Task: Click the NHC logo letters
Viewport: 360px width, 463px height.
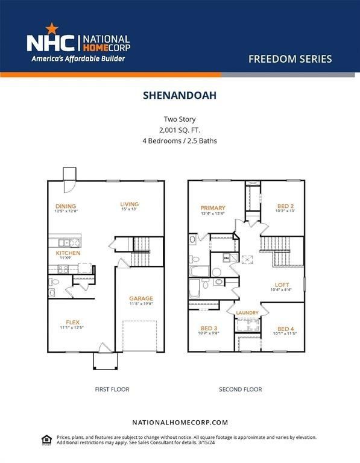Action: coord(51,43)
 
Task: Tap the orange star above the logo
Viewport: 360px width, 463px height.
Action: coord(51,28)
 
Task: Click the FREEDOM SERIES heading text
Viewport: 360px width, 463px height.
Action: coord(289,59)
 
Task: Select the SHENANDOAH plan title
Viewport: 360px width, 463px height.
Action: coord(179,95)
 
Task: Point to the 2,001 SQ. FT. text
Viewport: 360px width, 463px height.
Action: coord(179,130)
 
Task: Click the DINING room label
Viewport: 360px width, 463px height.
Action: coord(66,206)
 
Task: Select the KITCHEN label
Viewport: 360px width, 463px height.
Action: coord(68,253)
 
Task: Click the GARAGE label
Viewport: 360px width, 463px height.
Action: coord(141,298)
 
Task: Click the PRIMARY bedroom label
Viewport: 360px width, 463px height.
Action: coord(213,207)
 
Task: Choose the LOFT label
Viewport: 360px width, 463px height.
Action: coord(282,285)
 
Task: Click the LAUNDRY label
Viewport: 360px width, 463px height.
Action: coord(247,312)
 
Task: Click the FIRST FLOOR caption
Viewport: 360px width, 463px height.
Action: coord(112,389)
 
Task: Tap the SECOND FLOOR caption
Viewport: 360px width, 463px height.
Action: coord(240,389)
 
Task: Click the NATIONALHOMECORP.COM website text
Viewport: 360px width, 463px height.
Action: coord(180,423)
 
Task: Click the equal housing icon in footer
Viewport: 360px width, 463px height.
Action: coord(46,439)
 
